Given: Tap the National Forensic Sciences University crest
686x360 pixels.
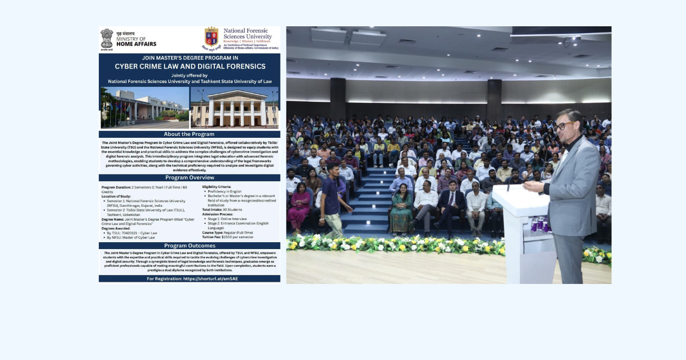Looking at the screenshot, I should coord(211,39).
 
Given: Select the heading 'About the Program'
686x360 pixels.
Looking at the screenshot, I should coord(189,134).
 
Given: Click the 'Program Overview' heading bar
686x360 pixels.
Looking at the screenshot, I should coord(189,178).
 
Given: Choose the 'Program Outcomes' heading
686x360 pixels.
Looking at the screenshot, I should coord(189,246).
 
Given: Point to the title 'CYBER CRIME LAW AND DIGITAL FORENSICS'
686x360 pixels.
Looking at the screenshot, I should coord(189,66).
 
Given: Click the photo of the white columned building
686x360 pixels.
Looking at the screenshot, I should coord(235,107).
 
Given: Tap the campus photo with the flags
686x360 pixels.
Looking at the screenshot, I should coord(145,107).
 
